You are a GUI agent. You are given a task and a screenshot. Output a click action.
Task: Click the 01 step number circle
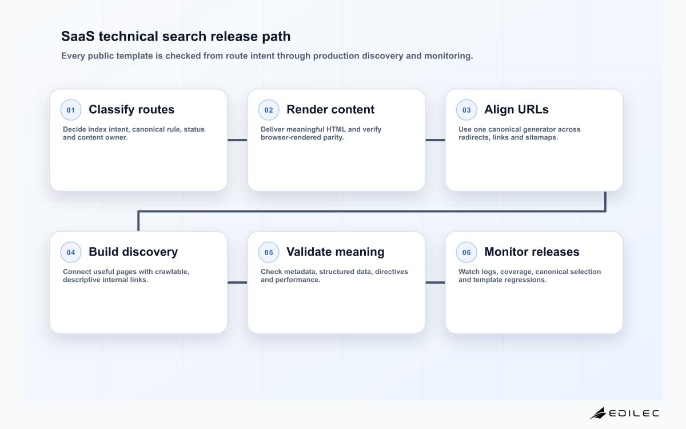coord(71,110)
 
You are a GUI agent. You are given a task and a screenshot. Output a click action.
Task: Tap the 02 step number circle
coord(269,110)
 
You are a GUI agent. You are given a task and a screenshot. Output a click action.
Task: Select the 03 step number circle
coord(466,110)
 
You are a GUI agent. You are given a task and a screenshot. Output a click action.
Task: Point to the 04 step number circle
coord(71,252)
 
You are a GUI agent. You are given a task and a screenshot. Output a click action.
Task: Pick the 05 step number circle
coord(269,252)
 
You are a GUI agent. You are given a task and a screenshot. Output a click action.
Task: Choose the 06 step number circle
coord(466,252)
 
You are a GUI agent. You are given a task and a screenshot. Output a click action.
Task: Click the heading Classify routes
coord(131,110)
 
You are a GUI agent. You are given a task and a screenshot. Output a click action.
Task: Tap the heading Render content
coord(330,109)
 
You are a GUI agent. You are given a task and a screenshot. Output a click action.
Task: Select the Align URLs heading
coord(516,109)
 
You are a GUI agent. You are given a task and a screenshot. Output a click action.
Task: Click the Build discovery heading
coord(133,252)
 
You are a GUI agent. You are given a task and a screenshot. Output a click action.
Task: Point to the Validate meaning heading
coord(336,252)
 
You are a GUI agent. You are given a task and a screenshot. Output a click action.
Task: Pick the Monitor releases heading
coord(532,252)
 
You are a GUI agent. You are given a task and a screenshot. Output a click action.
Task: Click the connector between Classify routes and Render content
coord(237,140)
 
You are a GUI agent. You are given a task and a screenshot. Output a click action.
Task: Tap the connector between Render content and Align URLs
coord(435,140)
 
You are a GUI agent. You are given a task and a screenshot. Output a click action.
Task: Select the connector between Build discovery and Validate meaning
coord(237,283)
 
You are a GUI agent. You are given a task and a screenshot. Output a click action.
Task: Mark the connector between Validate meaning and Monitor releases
coord(435,283)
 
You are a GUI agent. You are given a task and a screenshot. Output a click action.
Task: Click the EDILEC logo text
coord(634,414)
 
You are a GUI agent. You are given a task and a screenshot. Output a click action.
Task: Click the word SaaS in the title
coord(78,36)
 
